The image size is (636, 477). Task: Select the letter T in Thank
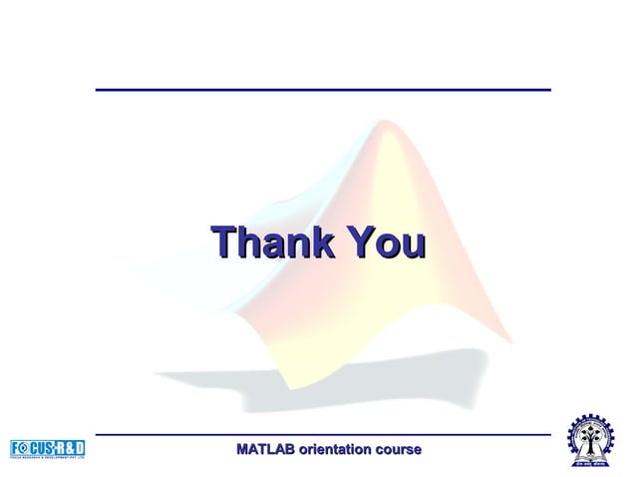223,241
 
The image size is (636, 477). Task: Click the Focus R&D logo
48,448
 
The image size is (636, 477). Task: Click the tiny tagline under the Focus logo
48,457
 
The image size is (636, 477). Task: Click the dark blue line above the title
323,90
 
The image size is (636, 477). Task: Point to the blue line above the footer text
323,435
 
